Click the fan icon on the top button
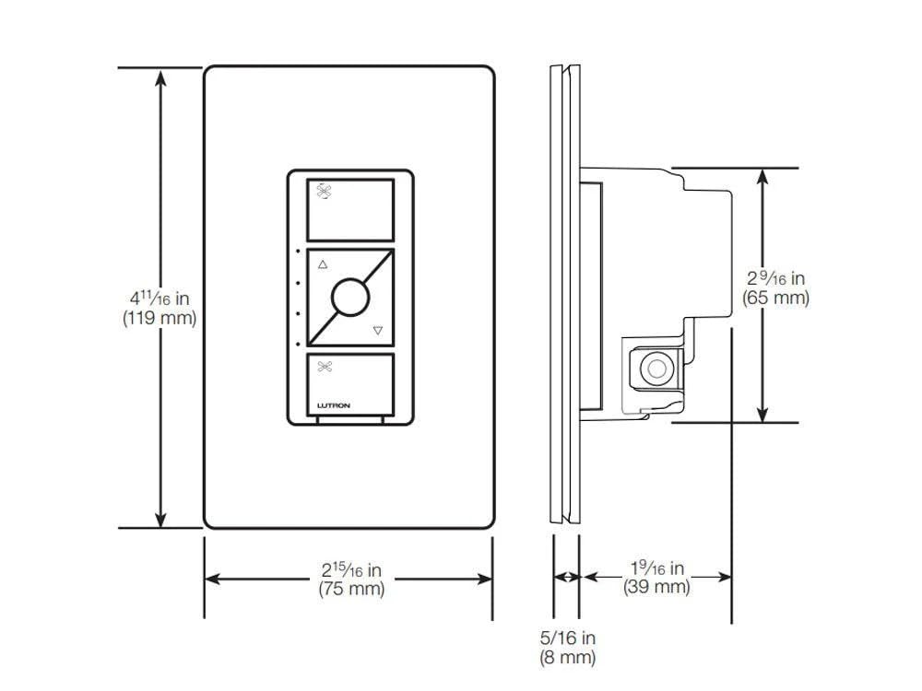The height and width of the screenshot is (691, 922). point(324,192)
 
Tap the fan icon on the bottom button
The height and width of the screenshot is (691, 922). point(324,367)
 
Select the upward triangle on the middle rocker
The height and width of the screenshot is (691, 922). point(322,264)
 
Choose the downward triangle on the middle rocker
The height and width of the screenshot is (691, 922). point(377,330)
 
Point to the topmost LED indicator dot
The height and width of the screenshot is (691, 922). point(298,252)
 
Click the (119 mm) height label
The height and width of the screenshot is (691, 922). point(159,316)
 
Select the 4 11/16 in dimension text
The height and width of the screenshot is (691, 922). point(159,298)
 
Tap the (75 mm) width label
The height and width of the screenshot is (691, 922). point(350,589)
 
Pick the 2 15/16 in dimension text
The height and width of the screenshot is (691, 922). point(350,570)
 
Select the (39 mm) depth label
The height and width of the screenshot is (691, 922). point(656,587)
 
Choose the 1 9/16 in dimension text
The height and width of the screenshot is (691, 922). point(656,568)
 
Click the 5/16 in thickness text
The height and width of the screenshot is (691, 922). point(567,638)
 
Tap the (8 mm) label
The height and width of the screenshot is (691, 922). point(567,657)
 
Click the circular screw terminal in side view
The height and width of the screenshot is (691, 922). point(656,369)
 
